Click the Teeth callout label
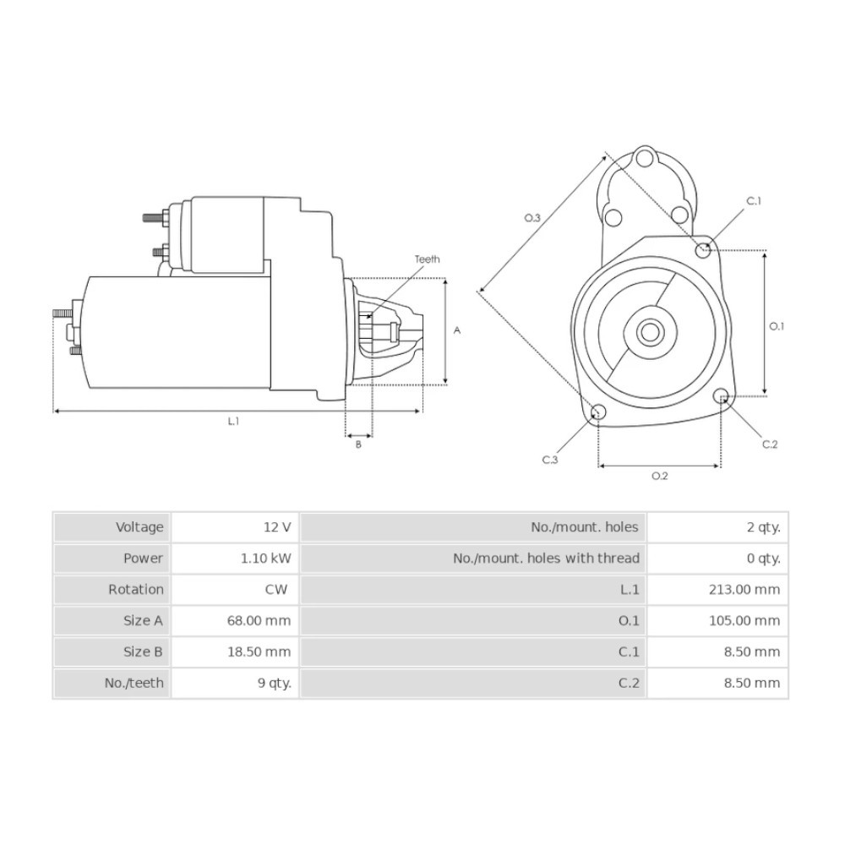(x=427, y=259)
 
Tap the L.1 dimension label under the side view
(x=233, y=422)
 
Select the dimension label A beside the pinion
(x=457, y=330)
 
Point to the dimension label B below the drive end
(x=358, y=444)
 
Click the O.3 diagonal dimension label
(x=532, y=218)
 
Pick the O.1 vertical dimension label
(x=776, y=326)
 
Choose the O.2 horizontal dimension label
(x=660, y=475)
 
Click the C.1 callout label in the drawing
(x=754, y=201)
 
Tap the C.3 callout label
(x=550, y=460)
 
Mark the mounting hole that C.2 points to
(x=722, y=396)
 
